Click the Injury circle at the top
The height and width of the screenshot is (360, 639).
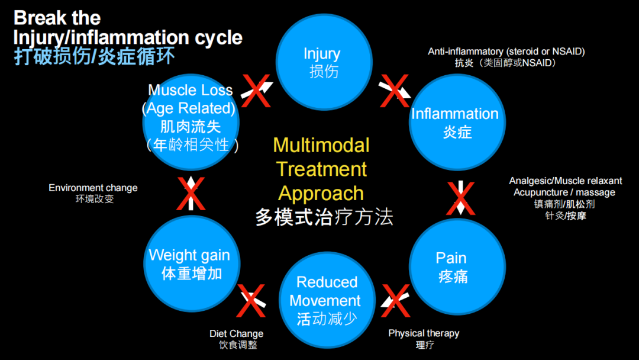pos(324,62)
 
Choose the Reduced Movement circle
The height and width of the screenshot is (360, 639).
pos(327,300)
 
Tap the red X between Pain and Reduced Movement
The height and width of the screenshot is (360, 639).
pos(396,300)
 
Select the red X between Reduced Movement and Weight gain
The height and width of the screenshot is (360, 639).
pos(251,300)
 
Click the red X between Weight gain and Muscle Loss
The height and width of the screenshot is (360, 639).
pos(191,194)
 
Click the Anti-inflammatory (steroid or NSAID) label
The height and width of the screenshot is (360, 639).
pos(506,52)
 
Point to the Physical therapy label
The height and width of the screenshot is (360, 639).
pos(424,333)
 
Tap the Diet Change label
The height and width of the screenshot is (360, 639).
pos(236,334)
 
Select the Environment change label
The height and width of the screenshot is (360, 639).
pos(93,188)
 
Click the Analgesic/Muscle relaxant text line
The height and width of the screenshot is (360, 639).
pos(565,181)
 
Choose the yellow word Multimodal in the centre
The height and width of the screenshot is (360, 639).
pos(321,145)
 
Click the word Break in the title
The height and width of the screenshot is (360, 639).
pos(39,18)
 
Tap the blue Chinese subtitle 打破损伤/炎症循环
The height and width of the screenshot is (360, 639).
pos(95,57)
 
